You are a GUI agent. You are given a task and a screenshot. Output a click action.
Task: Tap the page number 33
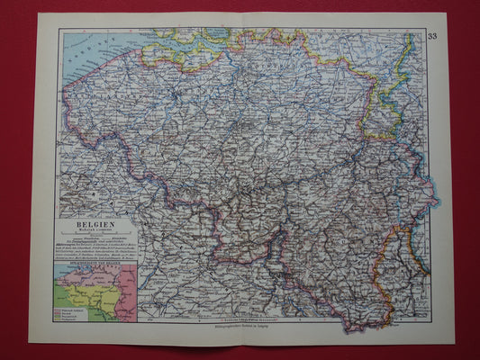click(433, 36)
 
